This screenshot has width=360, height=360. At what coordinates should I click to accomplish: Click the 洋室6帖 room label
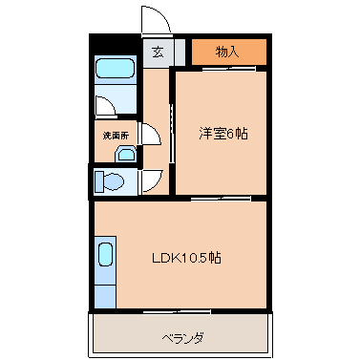coord(223,135)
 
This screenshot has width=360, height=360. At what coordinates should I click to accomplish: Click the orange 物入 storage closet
coord(228,52)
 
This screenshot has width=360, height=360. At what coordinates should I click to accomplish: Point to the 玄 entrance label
coord(157,53)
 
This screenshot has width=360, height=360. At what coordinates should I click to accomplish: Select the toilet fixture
coord(114,181)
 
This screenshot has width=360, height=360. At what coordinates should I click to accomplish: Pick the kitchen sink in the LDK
coord(105,256)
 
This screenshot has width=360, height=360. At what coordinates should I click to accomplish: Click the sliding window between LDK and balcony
coord(181,311)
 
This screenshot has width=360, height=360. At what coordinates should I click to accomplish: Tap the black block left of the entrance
coord(114,45)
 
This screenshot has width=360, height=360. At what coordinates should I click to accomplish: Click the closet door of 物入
coord(228,68)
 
